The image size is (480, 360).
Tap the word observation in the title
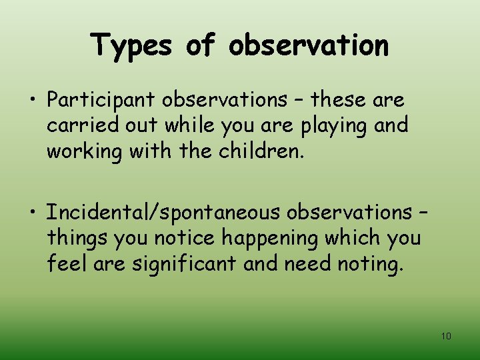pyautogui.click(x=308, y=45)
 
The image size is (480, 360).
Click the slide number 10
pyautogui.click(x=446, y=336)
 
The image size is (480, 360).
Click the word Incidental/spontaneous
pyautogui.click(x=163, y=213)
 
